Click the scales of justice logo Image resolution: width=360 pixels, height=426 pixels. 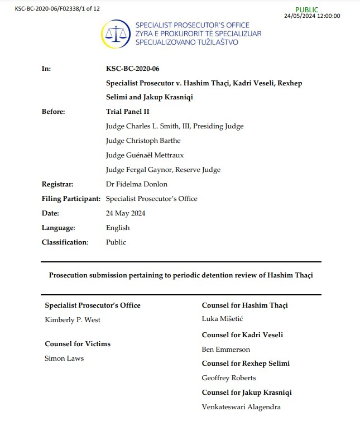pyautogui.click(x=117, y=34)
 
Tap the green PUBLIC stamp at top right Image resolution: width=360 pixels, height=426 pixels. pyautogui.click(x=308, y=9)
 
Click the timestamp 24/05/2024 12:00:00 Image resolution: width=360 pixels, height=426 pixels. pyautogui.click(x=312, y=16)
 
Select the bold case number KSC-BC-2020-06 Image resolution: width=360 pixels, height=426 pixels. pyautogui.click(x=132, y=68)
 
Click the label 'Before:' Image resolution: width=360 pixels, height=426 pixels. pyautogui.click(x=54, y=112)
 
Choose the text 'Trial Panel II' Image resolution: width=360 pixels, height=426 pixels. pyautogui.click(x=128, y=112)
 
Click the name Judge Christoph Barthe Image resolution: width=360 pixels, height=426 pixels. pyautogui.click(x=143, y=141)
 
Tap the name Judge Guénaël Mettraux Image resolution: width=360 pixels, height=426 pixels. pyautogui.click(x=145, y=155)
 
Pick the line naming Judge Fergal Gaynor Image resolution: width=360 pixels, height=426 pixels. pyautogui.click(x=163, y=170)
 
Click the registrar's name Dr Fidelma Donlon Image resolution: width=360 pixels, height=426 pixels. pyautogui.click(x=136, y=184)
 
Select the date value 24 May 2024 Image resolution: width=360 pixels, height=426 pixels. pyautogui.click(x=126, y=213)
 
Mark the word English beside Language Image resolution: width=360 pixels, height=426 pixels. pyautogui.click(x=118, y=228)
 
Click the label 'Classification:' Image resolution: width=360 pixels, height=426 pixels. pyautogui.click(x=65, y=242)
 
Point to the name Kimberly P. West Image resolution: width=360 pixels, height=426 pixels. pyautogui.click(x=73, y=320)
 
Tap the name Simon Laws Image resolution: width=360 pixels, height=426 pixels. pyautogui.click(x=64, y=358)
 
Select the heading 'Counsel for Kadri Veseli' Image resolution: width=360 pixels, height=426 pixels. pyautogui.click(x=242, y=335)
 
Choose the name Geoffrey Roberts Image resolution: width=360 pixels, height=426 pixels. pyautogui.click(x=229, y=378)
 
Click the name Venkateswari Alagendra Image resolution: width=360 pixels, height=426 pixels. pyautogui.click(x=241, y=407)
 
